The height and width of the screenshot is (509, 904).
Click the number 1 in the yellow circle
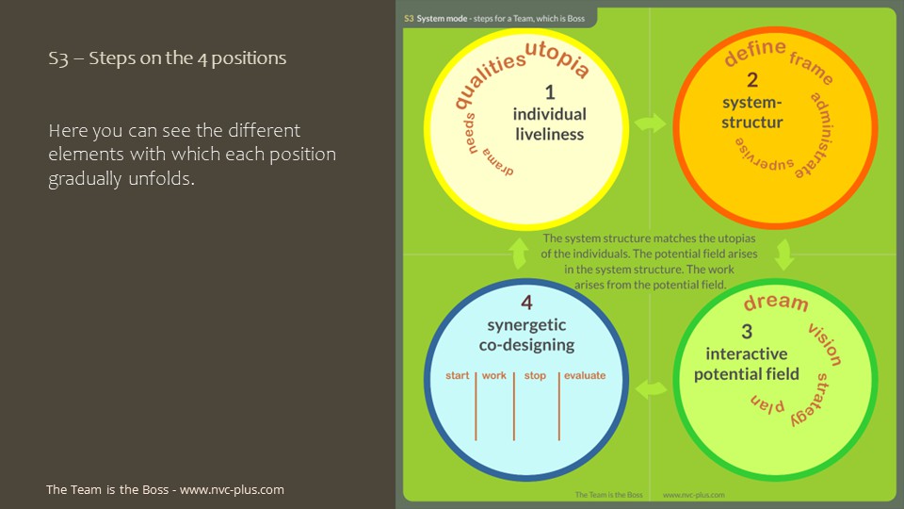550,92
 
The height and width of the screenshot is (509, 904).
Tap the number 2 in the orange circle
752,79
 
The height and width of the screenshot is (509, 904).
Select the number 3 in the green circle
747,331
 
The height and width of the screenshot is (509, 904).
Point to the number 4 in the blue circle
526,303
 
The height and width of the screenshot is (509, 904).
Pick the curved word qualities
488,78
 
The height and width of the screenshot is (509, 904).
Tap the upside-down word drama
498,162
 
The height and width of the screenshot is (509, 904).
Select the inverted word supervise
764,155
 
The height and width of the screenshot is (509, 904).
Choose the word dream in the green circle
776,303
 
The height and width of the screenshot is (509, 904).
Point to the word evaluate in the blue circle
585,376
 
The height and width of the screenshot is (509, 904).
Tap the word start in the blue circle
458,376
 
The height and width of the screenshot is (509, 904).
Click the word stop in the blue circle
535,376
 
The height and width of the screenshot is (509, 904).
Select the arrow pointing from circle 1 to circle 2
651,123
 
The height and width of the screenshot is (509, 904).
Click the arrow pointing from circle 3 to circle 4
651,389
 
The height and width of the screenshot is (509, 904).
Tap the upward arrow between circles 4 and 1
519,254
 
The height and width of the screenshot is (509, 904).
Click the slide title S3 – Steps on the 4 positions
168,58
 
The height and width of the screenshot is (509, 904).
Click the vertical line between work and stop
514,406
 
